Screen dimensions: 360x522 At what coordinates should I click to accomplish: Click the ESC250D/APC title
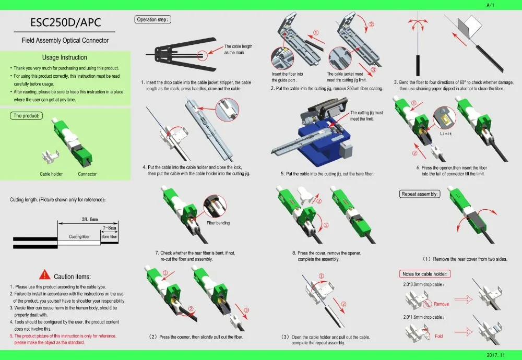65,23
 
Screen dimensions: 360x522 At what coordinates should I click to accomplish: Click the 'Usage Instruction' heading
65,57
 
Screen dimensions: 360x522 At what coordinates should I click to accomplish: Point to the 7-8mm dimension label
110,228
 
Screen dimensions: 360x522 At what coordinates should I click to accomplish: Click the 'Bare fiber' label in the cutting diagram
110,237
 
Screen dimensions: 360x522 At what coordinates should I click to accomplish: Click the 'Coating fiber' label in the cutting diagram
79,237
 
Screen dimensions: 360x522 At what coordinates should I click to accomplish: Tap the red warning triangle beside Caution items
45,275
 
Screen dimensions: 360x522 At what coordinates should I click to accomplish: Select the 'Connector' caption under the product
87,174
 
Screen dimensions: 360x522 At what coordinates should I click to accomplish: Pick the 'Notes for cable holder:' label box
424,274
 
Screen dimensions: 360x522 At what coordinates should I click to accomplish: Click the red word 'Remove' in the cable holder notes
441,304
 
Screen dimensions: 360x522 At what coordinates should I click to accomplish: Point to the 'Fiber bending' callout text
218,223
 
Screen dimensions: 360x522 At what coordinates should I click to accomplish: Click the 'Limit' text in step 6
446,134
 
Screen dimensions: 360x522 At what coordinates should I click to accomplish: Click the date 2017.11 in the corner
496,355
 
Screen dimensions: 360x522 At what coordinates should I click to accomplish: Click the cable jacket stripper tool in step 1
177,53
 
